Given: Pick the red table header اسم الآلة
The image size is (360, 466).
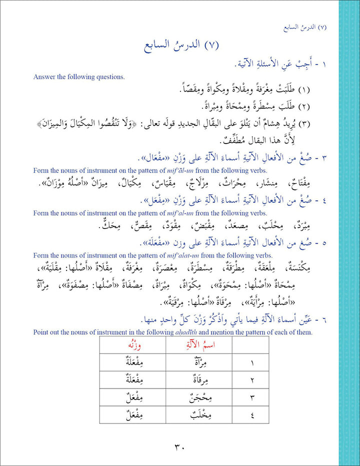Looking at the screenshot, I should point(199,345).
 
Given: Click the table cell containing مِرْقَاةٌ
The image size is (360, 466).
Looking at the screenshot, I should point(199,380).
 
